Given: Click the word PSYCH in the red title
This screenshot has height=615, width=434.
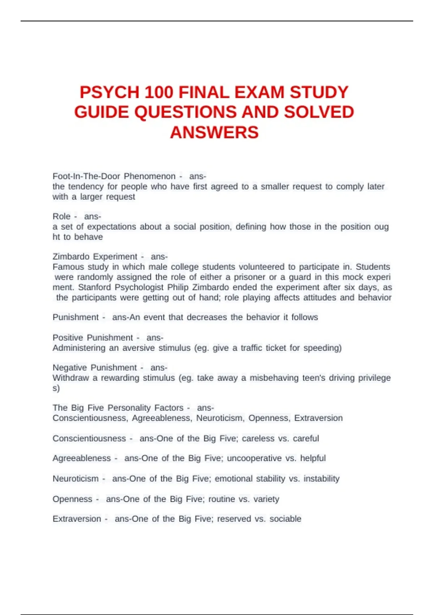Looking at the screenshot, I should click(109, 92).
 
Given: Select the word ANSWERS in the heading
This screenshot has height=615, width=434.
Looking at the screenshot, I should click(214, 132).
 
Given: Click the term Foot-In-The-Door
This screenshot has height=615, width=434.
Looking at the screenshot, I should click(86, 176).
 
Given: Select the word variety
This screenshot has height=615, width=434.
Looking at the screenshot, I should click(266, 499).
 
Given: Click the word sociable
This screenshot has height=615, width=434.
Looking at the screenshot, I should click(285, 519).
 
